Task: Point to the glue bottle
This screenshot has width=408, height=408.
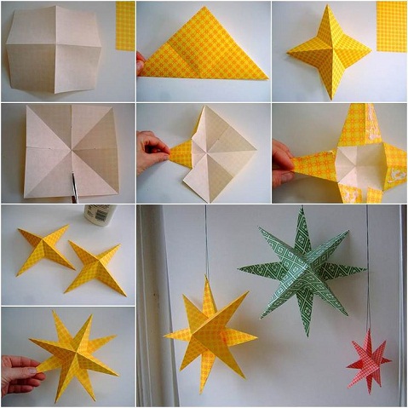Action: click(x=100, y=214)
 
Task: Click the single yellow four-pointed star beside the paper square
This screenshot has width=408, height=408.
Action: click(x=330, y=51)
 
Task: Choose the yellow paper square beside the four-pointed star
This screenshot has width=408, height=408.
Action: click(x=391, y=26)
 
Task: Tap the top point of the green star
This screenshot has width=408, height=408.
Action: click(x=299, y=211)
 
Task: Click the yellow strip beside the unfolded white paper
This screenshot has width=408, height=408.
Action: click(x=125, y=26)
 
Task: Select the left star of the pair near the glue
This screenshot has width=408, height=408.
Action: click(x=44, y=247)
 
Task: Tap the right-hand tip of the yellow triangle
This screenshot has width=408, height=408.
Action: click(x=265, y=76)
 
